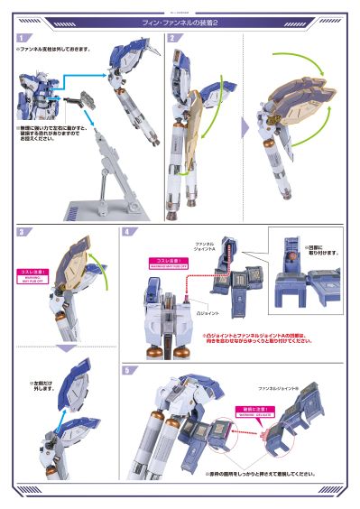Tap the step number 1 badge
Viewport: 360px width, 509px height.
(x=20, y=39)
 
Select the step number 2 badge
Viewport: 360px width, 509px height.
(x=171, y=39)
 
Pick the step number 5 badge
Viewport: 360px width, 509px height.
(x=127, y=370)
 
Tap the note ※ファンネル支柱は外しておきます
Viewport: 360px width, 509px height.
(x=54, y=50)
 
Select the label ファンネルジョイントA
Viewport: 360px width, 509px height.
(x=205, y=245)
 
